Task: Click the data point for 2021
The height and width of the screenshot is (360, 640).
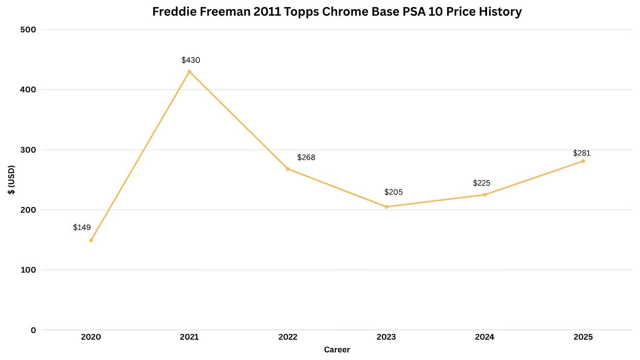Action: pyautogui.click(x=189, y=72)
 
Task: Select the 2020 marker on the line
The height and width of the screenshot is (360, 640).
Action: pyautogui.click(x=91, y=240)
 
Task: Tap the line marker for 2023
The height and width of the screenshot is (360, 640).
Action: pyautogui.click(x=386, y=207)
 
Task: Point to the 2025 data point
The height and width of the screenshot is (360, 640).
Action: pyautogui.click(x=583, y=161)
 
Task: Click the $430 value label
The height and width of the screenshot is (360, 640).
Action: pyautogui.click(x=191, y=60)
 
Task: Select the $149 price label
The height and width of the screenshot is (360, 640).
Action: pyautogui.click(x=82, y=227)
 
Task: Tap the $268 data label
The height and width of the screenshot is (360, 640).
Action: pyautogui.click(x=306, y=157)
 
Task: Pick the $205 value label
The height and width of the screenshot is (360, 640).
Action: pyautogui.click(x=394, y=192)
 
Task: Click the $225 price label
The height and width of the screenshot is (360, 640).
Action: pyautogui.click(x=482, y=183)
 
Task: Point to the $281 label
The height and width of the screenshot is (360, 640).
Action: pyautogui.click(x=582, y=153)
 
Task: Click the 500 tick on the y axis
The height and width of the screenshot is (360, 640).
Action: pyautogui.click(x=28, y=30)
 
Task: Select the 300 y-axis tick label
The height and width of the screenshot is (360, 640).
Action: pyautogui.click(x=28, y=150)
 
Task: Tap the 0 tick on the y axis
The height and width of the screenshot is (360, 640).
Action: pyautogui.click(x=33, y=330)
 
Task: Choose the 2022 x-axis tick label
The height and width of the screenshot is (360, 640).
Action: pyautogui.click(x=288, y=337)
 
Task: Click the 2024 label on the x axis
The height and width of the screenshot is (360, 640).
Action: pyautogui.click(x=484, y=337)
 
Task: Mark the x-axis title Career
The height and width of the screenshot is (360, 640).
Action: pyautogui.click(x=337, y=350)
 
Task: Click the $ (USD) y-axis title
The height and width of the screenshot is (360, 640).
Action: pyautogui.click(x=11, y=180)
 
